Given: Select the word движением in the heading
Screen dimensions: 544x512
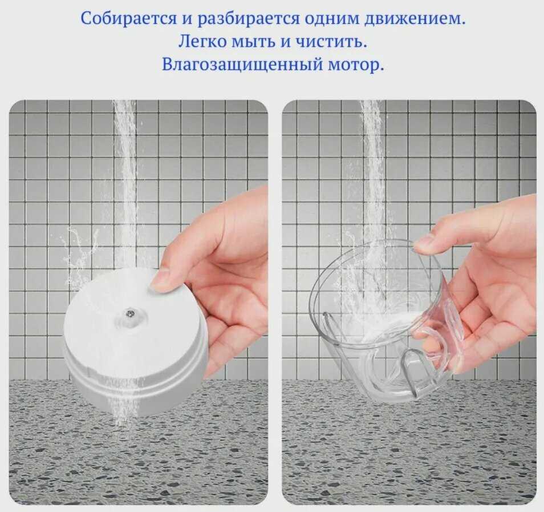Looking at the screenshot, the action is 414,19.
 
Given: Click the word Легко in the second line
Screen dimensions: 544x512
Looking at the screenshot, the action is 202,42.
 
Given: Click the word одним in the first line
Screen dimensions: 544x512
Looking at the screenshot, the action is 332,19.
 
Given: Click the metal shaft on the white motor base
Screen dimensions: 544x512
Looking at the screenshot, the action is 130,313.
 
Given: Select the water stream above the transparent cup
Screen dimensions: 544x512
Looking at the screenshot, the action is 375,174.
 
